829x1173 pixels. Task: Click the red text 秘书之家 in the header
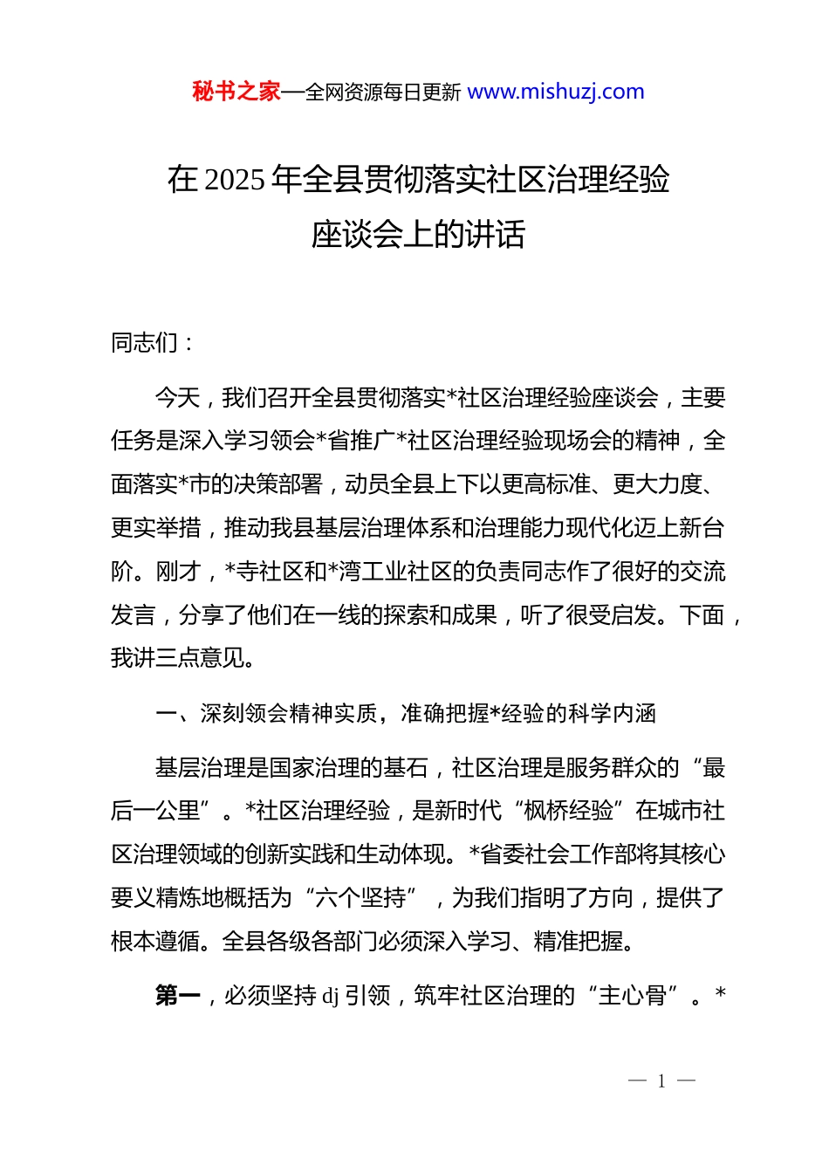[x=236, y=92]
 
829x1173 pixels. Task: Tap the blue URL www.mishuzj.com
[x=556, y=92]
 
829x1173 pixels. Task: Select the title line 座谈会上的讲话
[x=418, y=234]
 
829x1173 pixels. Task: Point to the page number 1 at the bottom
[x=661, y=1081]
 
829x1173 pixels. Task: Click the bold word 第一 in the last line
[x=178, y=995]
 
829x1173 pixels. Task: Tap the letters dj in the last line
[x=330, y=996]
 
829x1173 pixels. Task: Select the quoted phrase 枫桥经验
[x=568, y=811]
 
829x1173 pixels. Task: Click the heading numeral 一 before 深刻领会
[x=166, y=714]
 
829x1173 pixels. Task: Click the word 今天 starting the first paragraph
[x=178, y=398]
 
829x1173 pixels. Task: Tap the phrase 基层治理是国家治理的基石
[x=291, y=768]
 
